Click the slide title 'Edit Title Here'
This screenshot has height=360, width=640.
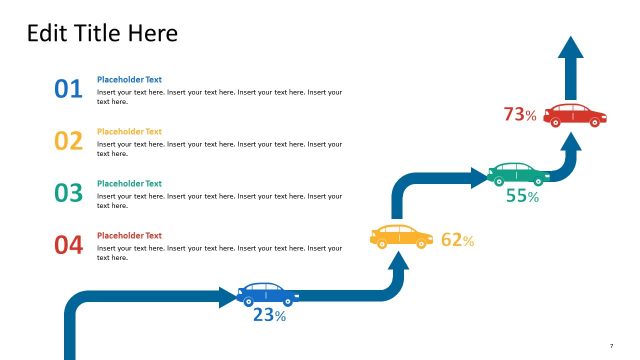[x=102, y=33]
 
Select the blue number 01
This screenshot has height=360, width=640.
[x=68, y=90]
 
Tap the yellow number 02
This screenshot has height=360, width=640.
[x=68, y=142]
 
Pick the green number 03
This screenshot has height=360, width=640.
[x=68, y=194]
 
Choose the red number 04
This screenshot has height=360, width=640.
[x=68, y=246]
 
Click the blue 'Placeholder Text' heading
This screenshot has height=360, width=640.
[x=129, y=79]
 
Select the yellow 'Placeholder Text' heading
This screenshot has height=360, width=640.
[x=129, y=131]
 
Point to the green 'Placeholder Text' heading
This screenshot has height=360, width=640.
[x=129, y=183]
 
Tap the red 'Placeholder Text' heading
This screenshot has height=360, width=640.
[x=129, y=235]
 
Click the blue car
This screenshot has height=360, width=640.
[x=267, y=294]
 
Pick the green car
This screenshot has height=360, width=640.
[x=519, y=173]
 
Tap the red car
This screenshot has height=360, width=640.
[x=577, y=114]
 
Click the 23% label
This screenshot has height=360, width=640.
[x=269, y=316]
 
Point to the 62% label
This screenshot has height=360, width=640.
[x=457, y=240]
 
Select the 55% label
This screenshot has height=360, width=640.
[x=522, y=197]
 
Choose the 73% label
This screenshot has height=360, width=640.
[x=520, y=115]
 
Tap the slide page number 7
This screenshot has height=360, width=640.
[x=611, y=345]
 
